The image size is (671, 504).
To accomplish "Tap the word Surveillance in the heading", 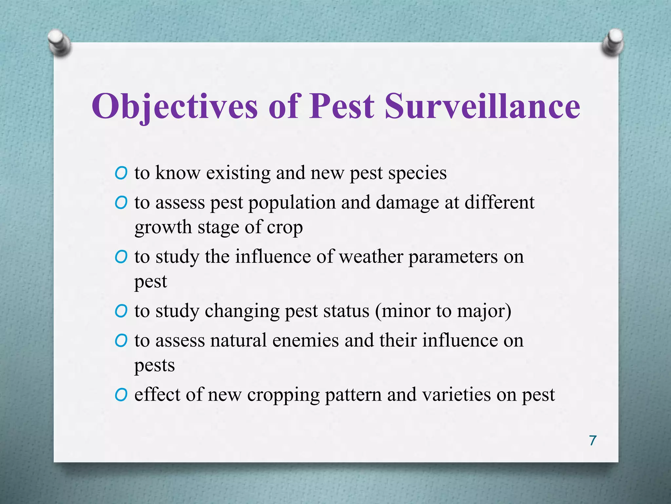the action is tap(482, 106).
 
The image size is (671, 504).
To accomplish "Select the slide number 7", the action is tap(593, 440).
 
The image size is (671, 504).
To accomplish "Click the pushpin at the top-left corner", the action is tap(59, 42).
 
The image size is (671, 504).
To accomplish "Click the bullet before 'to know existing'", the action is tap(121, 173).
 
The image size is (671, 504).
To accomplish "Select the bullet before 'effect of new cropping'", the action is tap(121, 395).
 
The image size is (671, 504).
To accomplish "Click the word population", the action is tap(292, 203).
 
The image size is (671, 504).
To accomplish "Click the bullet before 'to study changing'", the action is tap(121, 311).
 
